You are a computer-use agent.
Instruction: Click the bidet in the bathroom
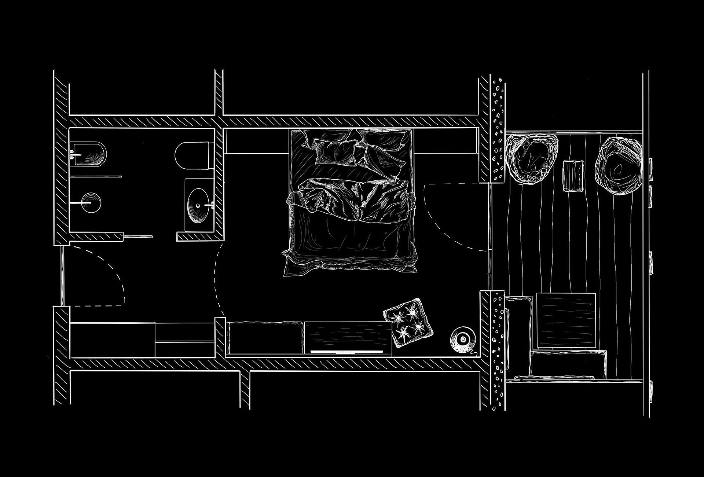[90, 153]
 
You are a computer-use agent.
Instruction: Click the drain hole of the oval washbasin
[198, 206]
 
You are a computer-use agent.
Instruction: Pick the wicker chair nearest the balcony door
[532, 158]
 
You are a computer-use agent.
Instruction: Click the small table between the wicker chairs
[573, 176]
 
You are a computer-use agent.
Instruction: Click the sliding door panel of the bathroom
[137, 236]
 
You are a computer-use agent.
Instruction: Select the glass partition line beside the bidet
[95, 176]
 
